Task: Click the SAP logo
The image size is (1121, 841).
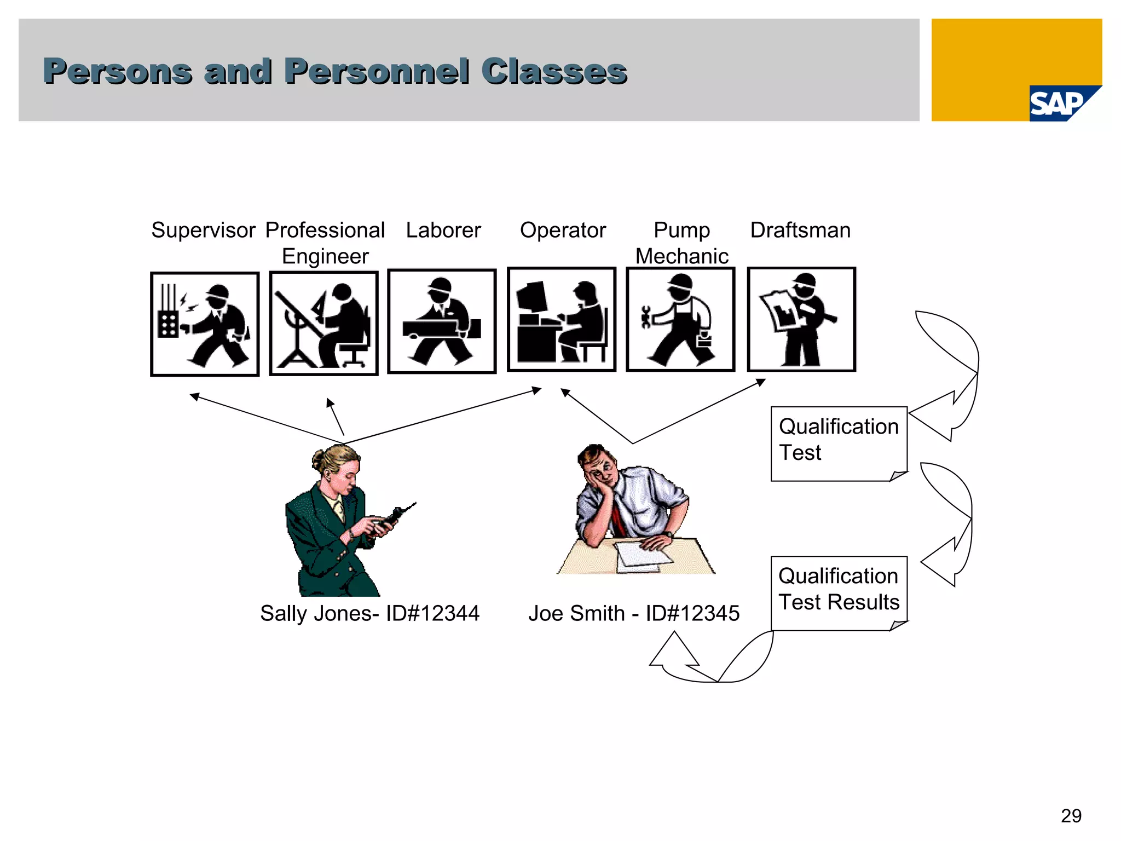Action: point(1058,103)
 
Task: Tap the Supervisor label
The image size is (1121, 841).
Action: point(203,230)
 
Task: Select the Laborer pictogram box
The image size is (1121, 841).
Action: point(442,321)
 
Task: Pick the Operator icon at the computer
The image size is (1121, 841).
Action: point(562,320)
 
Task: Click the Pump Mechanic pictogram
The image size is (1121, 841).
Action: point(680,320)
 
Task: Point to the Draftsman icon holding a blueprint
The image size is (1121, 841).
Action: point(801,320)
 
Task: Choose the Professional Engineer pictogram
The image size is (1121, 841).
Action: point(324,323)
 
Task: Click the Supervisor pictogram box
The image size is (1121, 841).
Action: point(205,324)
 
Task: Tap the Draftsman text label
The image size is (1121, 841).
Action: point(800,230)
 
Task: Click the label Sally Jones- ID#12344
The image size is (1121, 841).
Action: point(369,613)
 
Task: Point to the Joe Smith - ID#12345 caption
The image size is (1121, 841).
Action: point(634,613)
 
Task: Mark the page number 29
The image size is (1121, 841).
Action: point(1071,816)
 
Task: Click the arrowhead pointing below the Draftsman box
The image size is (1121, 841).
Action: point(761,382)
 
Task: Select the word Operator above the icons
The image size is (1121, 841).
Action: point(563,230)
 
